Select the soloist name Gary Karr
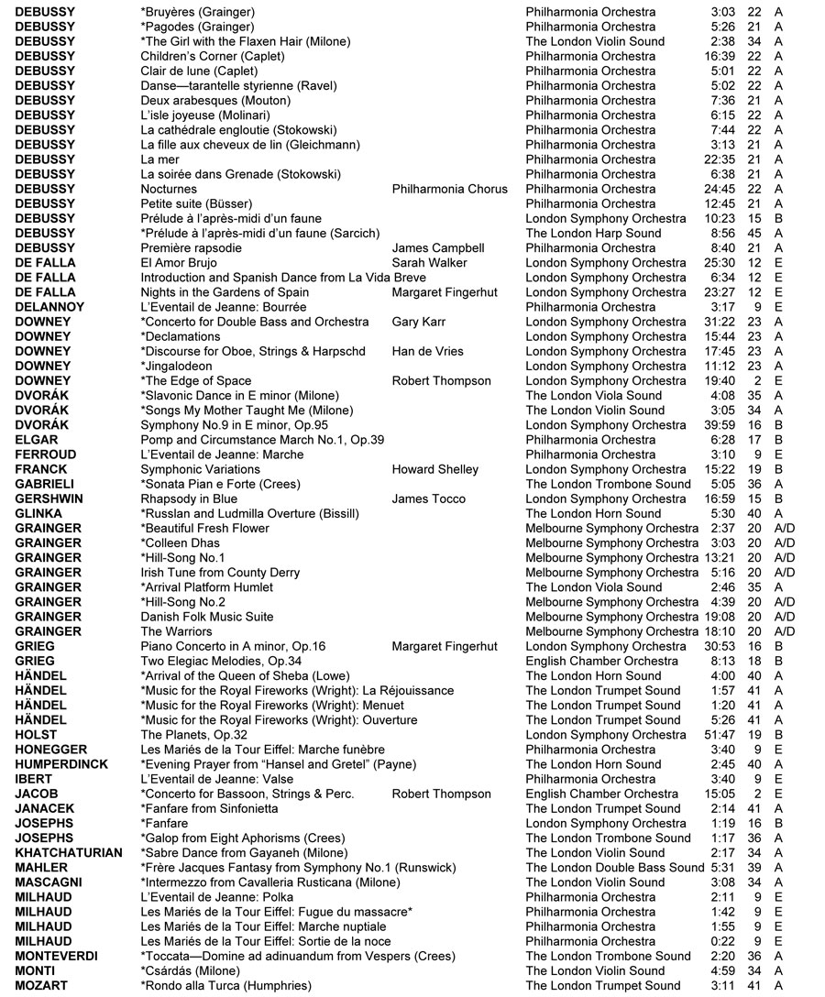point(419,322)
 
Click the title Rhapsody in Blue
point(189,498)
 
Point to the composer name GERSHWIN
point(45,498)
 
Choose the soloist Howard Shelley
point(434,469)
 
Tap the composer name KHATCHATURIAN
point(69,852)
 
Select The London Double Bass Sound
point(615,868)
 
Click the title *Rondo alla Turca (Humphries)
point(225,985)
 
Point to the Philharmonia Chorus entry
point(449,189)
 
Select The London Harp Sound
point(593,233)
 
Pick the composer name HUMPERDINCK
point(61,764)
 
